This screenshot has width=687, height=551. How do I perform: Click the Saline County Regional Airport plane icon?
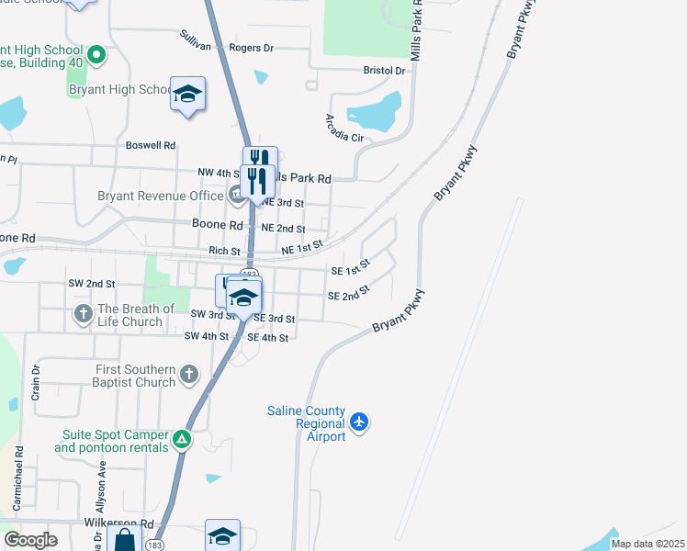point(359,422)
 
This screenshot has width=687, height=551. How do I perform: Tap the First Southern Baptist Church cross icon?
point(188,375)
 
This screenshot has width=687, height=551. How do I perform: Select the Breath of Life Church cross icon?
point(83,315)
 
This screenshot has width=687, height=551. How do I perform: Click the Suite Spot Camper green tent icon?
point(183,440)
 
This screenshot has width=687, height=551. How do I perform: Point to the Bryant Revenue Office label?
point(161,196)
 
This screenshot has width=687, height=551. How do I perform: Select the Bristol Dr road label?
point(384,70)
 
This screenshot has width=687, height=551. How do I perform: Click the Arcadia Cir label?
point(344,128)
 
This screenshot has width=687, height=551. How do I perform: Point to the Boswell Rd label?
point(151,145)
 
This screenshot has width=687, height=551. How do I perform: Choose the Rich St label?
point(224,251)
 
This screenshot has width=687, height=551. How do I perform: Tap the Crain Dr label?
point(37,383)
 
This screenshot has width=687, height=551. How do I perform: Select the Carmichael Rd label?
point(17,478)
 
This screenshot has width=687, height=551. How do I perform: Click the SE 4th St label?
point(268,338)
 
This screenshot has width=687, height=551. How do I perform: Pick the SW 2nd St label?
point(91,285)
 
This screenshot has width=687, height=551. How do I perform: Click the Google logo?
point(30,540)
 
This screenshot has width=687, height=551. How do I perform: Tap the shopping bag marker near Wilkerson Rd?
point(124,539)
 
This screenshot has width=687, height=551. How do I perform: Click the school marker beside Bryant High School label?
point(188,96)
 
